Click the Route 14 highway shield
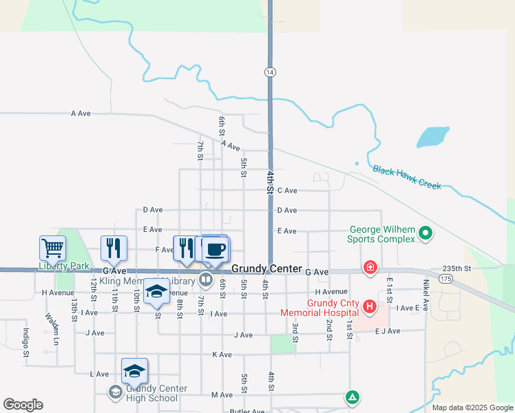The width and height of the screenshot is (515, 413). (x=270, y=72)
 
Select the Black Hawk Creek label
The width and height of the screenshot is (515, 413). (x=406, y=176)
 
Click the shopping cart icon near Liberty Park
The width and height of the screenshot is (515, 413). (x=52, y=247)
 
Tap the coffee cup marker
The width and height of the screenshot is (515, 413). (x=216, y=248)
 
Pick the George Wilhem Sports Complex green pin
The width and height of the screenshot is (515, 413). (x=425, y=234)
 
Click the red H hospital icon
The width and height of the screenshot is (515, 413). (x=370, y=306)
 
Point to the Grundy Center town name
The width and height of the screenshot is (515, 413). (x=266, y=268)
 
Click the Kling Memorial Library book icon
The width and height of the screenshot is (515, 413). (x=205, y=279)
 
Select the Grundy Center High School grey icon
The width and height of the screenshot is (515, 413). (x=115, y=392)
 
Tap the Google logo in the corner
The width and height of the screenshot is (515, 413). (x=23, y=405)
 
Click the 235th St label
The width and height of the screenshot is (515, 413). (x=456, y=268)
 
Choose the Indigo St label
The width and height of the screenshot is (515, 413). (x=25, y=343)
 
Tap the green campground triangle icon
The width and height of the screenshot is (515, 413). (x=352, y=397)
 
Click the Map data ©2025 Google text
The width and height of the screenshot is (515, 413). (x=472, y=407)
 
